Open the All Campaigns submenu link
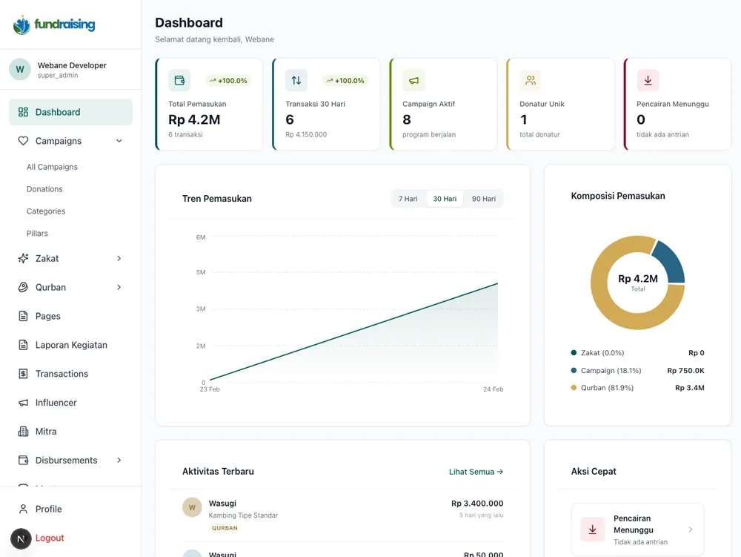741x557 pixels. (x=52, y=167)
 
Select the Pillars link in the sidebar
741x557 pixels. (x=37, y=234)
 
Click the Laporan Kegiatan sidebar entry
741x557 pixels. (x=71, y=345)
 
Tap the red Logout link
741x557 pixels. (x=50, y=538)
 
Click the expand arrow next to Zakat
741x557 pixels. (x=119, y=259)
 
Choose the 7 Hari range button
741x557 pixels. (x=408, y=199)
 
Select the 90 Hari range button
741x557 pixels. (x=483, y=199)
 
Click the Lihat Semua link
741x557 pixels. (x=476, y=472)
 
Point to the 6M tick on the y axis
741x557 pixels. (x=200, y=237)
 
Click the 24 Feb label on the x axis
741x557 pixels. (x=493, y=389)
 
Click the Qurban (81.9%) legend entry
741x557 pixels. (x=606, y=388)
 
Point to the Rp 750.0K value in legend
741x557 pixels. (x=685, y=371)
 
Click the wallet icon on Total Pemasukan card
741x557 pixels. (x=179, y=81)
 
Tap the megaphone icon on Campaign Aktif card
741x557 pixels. (x=413, y=81)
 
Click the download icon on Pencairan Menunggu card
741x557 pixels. (x=648, y=81)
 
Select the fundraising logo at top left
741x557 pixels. (x=54, y=24)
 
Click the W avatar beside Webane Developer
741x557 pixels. (x=20, y=70)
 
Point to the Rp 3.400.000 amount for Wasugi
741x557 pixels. (x=477, y=504)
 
